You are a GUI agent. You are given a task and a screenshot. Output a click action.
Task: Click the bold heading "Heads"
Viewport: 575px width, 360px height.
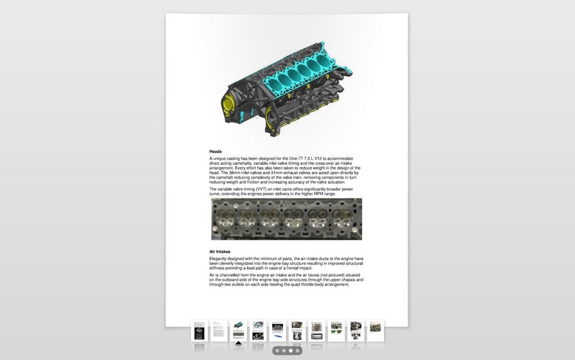point(215,151)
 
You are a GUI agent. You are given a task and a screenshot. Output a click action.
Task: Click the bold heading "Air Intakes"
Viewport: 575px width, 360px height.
point(220,251)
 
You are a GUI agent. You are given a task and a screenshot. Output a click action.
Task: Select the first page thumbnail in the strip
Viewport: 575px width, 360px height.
point(199,331)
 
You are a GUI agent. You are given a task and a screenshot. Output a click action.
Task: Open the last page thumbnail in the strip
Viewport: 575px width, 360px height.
point(375,331)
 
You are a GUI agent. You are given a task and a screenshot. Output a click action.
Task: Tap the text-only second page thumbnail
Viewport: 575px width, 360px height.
point(218,331)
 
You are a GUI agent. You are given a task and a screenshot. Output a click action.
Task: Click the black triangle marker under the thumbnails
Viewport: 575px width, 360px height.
point(238,343)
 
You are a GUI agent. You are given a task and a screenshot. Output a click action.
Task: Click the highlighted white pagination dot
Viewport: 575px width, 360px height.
point(291,351)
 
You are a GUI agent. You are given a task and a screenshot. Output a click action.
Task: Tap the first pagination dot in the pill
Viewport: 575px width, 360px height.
point(277,351)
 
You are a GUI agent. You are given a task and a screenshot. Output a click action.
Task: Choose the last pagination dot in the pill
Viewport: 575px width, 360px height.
point(297,351)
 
